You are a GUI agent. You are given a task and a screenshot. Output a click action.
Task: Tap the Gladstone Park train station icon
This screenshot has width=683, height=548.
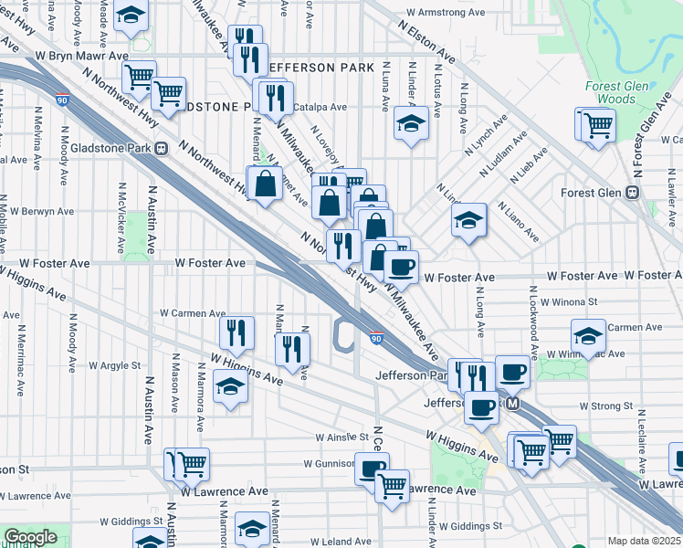click(x=161, y=148)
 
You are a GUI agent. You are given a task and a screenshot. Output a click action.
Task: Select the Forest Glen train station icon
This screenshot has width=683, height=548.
click(x=630, y=193)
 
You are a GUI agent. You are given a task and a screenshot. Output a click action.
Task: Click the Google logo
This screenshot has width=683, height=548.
click(x=30, y=537)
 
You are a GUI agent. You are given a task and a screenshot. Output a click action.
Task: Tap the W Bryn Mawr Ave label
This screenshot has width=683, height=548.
click(x=82, y=56)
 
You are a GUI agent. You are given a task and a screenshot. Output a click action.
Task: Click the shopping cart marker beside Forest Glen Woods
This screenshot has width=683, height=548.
click(x=599, y=125)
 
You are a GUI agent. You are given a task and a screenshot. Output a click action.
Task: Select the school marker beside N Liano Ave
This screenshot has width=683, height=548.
click(x=468, y=220)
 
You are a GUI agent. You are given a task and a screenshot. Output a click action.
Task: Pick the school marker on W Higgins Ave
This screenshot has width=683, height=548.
click(x=230, y=388)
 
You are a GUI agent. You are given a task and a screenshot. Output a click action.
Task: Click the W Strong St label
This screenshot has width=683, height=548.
click(x=605, y=406)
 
